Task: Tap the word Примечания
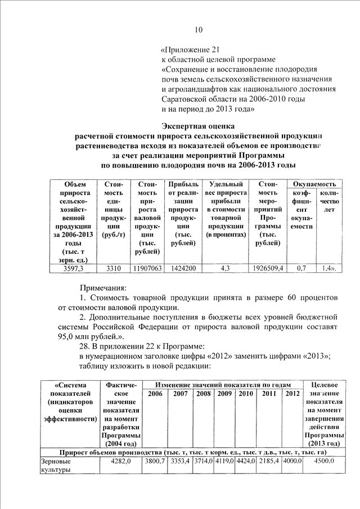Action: (x=103, y=287)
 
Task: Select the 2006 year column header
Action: (x=155, y=393)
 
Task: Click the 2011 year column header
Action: (x=269, y=393)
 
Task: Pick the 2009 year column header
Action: (x=225, y=393)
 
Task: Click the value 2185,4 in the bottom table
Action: (x=269, y=461)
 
